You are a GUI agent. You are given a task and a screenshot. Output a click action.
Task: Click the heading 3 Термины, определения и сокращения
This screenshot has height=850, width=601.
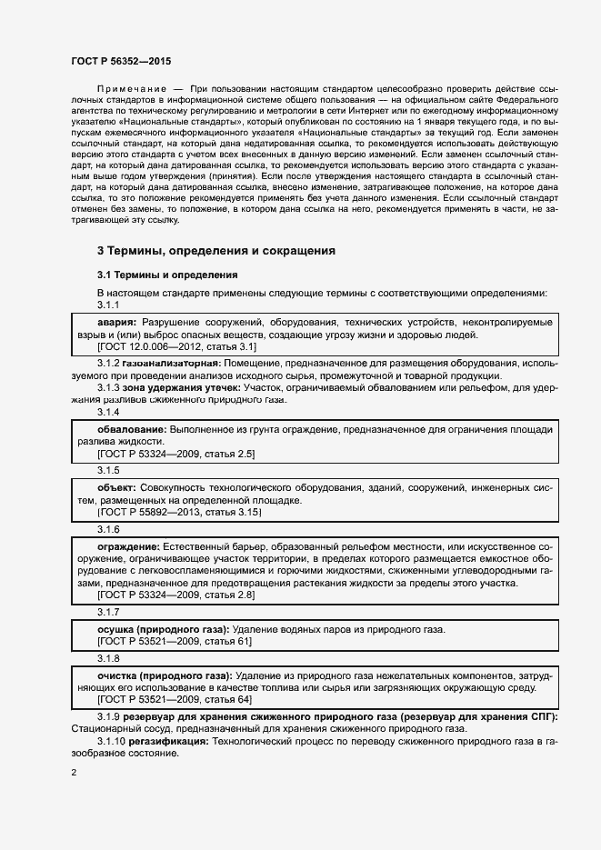(x=216, y=250)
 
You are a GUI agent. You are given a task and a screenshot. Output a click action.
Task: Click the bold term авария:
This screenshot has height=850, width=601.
(x=116, y=323)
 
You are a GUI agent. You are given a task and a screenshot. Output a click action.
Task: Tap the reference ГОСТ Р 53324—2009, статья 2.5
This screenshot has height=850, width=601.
(x=176, y=453)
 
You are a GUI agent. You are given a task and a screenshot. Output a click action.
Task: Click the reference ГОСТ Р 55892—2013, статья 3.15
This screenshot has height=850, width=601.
(x=179, y=512)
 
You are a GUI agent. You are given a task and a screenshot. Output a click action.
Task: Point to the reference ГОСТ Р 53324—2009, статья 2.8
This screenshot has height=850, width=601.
(x=176, y=595)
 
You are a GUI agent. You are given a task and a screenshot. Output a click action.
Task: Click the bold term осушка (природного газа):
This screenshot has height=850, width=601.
(x=164, y=629)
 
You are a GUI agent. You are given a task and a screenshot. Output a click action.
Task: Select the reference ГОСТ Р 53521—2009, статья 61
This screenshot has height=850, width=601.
(x=175, y=642)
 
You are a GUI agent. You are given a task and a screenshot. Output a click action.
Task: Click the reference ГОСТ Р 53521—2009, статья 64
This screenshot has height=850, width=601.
(x=175, y=700)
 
